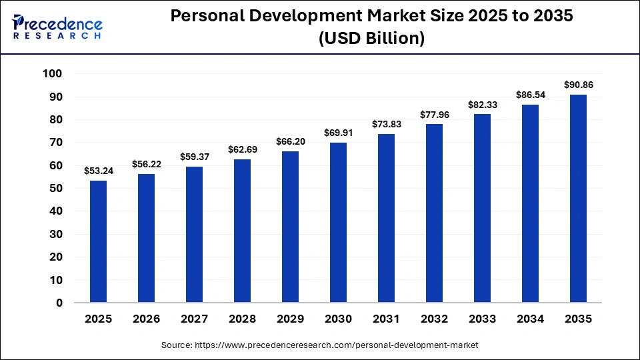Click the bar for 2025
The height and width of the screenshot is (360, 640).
click(98, 241)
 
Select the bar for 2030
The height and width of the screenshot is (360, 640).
click(338, 222)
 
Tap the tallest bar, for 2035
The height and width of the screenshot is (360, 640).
click(578, 198)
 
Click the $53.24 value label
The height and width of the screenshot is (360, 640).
click(98, 171)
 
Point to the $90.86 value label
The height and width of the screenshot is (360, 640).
click(578, 85)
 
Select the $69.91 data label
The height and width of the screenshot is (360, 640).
click(338, 133)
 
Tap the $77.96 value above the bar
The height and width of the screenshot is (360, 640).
click(434, 115)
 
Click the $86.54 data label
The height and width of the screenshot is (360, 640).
click(530, 95)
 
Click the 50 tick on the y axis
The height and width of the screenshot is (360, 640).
click(55, 188)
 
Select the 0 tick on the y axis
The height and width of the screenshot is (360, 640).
click(59, 303)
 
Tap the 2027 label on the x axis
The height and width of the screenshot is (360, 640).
click(194, 319)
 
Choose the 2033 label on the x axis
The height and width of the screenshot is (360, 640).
click(482, 319)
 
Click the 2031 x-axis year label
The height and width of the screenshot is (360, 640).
click(386, 319)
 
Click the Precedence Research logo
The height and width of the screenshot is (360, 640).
click(57, 27)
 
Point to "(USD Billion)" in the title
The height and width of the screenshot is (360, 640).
click(371, 39)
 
